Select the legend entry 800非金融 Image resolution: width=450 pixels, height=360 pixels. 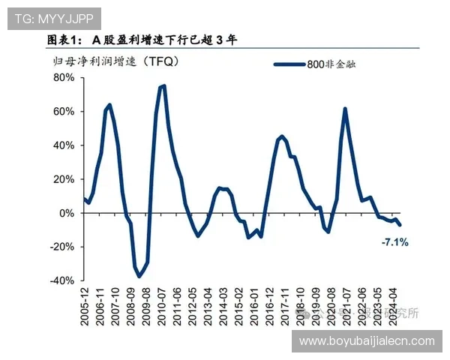click(x=331, y=65)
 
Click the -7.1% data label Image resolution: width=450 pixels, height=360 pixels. click(x=394, y=242)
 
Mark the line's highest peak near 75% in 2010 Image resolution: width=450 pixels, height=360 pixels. click(x=163, y=85)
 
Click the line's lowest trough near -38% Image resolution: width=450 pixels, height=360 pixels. click(x=139, y=277)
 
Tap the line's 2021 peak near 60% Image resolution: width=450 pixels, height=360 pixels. click(x=345, y=109)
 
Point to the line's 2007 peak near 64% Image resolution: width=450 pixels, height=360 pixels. click(x=109, y=105)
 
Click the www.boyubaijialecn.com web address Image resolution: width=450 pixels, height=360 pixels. click(x=367, y=341)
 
